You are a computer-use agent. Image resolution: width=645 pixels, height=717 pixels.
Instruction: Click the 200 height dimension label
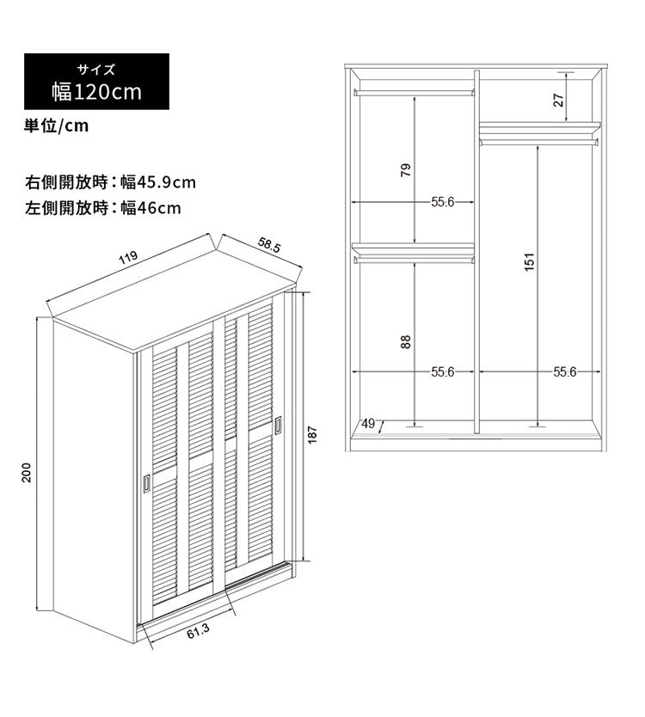coord(27,472)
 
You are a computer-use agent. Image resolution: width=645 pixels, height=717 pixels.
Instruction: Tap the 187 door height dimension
coord(312,435)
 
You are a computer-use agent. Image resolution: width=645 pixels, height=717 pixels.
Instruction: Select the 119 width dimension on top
coord(128,257)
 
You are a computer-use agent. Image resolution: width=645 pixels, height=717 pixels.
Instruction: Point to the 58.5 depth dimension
coord(269,246)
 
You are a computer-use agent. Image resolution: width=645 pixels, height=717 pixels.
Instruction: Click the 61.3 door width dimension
coord(198,632)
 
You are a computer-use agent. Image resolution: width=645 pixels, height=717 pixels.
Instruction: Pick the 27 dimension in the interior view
coord(559,100)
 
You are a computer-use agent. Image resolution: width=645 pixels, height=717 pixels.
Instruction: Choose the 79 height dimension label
coord(406,170)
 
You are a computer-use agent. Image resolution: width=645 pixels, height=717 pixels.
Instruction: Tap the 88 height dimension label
coord(406,342)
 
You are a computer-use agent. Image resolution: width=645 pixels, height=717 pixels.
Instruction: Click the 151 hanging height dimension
coord(529,262)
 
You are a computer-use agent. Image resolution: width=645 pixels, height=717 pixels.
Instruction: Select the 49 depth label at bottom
coord(368,424)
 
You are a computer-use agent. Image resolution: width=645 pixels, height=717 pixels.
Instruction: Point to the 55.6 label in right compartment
coord(565,371)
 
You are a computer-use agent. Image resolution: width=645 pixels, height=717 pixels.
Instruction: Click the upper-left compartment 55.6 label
coord(443,202)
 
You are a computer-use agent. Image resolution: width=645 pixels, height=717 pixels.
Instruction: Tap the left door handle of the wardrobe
coord(146,483)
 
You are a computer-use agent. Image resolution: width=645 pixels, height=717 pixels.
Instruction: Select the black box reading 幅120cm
coord(96,82)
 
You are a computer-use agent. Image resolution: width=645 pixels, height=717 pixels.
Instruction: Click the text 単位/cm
coord(56,126)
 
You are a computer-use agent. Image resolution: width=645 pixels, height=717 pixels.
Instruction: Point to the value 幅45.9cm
coord(158,182)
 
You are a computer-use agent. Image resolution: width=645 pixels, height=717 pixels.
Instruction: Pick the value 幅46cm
coord(151,208)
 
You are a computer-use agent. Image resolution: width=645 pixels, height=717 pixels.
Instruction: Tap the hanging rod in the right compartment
coord(539,142)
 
